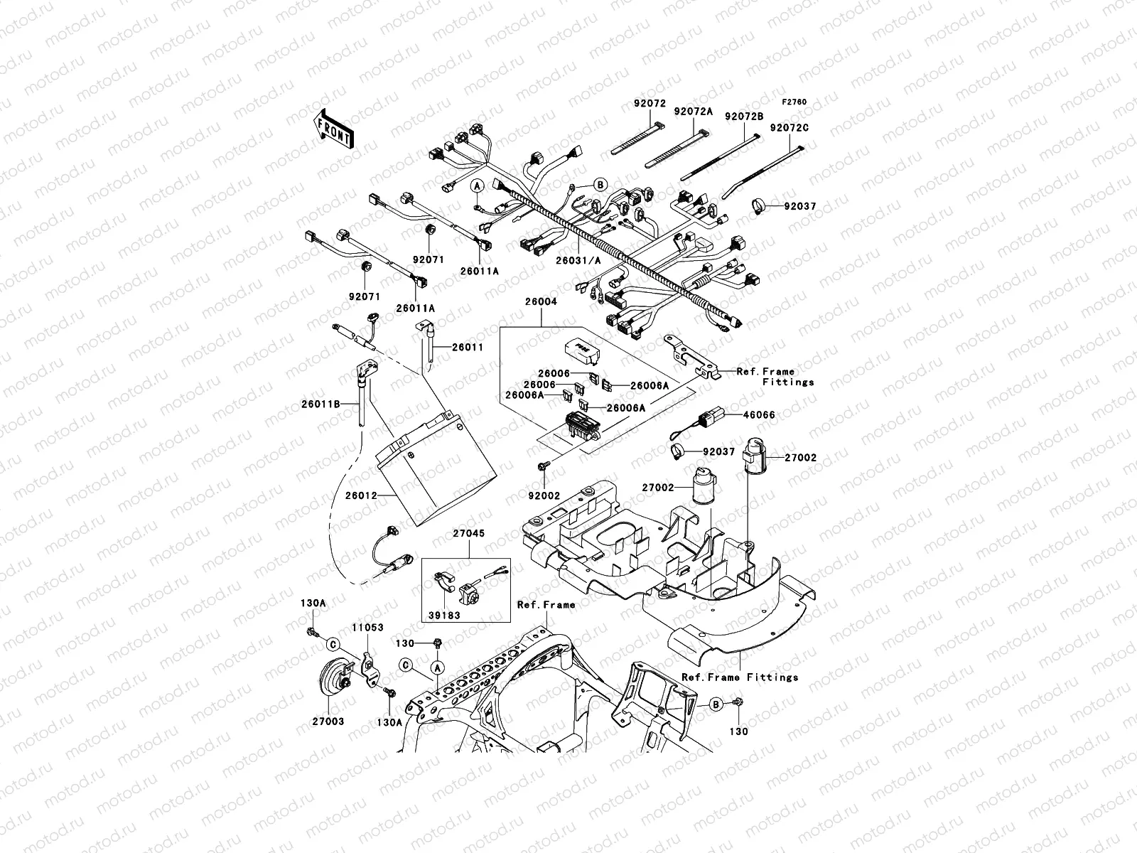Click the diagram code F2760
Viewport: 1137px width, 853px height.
click(795, 102)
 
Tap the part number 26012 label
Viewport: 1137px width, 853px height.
click(362, 495)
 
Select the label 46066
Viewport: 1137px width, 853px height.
click(759, 415)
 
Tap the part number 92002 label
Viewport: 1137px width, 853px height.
click(543, 495)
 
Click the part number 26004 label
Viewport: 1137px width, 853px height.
click(541, 302)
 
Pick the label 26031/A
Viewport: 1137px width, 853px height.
click(578, 261)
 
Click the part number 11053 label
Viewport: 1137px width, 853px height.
click(367, 628)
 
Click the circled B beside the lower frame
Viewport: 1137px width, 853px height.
click(717, 704)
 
